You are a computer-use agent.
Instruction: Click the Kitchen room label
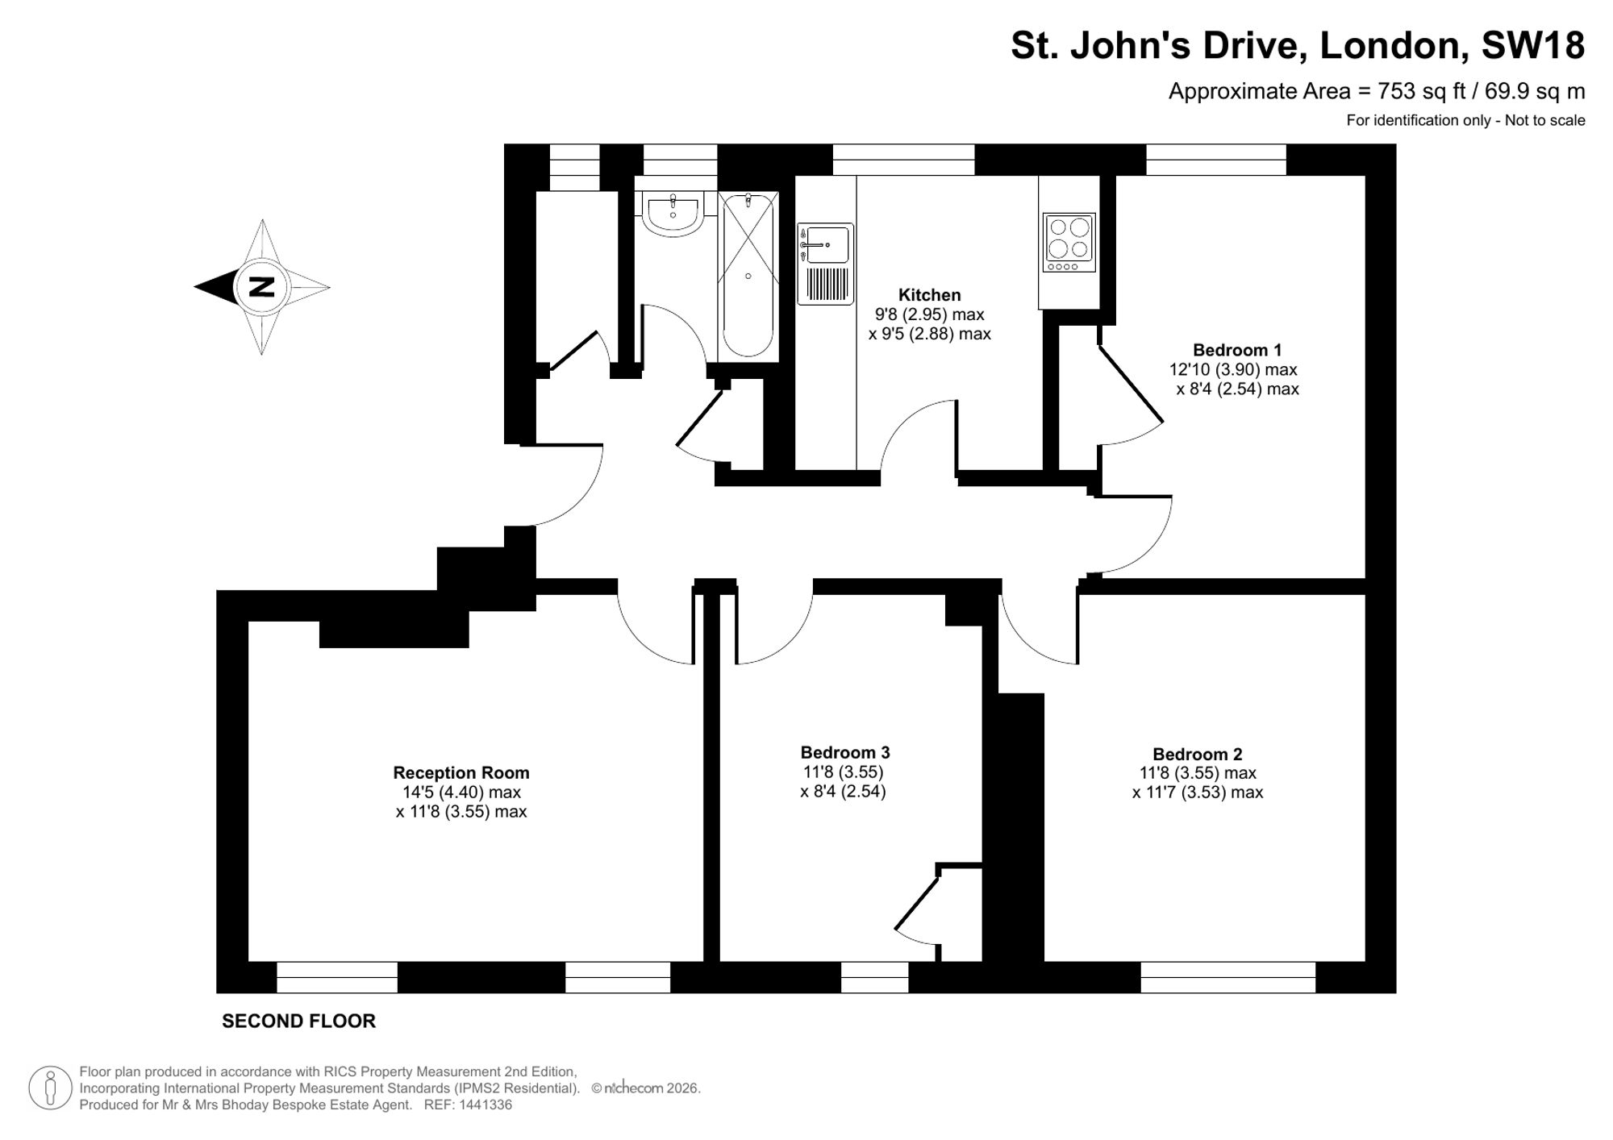(929, 295)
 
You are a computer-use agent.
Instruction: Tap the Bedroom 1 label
(1237, 350)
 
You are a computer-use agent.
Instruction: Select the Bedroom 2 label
(1198, 755)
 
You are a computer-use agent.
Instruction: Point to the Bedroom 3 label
(845, 752)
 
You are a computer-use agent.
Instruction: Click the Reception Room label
(461, 773)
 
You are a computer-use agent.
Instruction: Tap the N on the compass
(261, 287)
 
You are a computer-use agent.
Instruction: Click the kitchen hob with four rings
(1069, 243)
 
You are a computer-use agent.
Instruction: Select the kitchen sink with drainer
(826, 264)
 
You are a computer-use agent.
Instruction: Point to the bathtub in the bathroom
(748, 276)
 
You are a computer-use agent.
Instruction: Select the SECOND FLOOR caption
(298, 1021)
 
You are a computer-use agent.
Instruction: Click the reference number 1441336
(485, 1105)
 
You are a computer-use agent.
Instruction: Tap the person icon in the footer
(51, 1088)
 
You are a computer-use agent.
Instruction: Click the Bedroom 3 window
(875, 977)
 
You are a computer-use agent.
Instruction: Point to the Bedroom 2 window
(1228, 977)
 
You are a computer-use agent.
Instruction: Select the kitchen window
(903, 160)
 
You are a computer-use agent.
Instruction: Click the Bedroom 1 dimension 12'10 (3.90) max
(1233, 369)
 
